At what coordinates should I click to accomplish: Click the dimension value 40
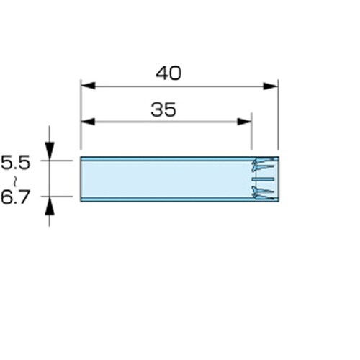coord(168,73)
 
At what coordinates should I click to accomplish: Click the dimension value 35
coord(163,109)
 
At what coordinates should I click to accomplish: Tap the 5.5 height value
coord(15,163)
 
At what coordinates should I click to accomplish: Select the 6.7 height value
coord(15,197)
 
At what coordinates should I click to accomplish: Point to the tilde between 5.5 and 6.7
coord(15,181)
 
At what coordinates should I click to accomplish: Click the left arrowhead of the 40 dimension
coord(89,86)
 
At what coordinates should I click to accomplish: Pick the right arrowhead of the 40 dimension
coord(270,86)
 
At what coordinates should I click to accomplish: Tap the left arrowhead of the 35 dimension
coord(88,122)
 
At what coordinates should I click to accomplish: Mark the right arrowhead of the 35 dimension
coord(244,122)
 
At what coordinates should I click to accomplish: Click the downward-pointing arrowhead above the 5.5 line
coord(50,151)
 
